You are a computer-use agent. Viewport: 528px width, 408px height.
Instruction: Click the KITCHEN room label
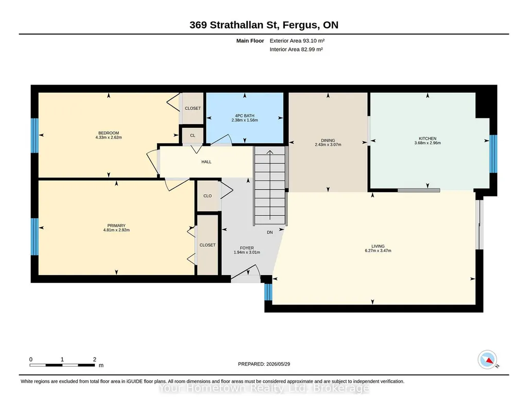(x=428, y=139)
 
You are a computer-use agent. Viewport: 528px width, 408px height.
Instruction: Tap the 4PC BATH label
(x=245, y=116)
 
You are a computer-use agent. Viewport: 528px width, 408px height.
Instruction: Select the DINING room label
(x=328, y=140)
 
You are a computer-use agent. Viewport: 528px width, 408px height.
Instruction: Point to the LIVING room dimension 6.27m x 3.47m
(x=378, y=251)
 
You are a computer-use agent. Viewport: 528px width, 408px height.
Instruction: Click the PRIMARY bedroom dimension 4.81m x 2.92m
(x=116, y=230)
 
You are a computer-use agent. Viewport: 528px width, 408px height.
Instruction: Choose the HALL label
(x=207, y=162)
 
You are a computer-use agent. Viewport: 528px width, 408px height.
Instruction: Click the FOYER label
(x=247, y=248)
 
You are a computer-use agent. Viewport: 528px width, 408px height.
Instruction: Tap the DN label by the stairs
(x=270, y=232)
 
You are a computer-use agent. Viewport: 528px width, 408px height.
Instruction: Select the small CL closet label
(x=193, y=135)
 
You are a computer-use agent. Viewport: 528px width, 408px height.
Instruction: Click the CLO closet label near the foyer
(x=208, y=196)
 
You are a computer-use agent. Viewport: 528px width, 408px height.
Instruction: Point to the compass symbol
(x=487, y=360)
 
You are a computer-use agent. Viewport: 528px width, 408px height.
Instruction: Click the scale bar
(x=62, y=365)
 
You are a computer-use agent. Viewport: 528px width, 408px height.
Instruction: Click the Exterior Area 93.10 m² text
(x=297, y=41)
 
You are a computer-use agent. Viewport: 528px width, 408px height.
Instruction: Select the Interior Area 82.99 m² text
(x=296, y=49)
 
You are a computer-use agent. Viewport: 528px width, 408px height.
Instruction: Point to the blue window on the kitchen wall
(x=493, y=154)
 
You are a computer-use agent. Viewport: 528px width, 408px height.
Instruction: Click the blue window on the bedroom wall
(x=35, y=135)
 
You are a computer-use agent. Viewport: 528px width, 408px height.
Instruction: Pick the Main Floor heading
(x=250, y=41)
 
